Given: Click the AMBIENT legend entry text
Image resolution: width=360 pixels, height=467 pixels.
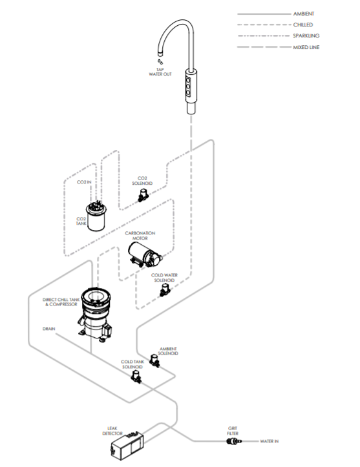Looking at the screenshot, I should (304, 14).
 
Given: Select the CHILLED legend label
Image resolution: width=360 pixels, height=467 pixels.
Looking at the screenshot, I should (302, 25).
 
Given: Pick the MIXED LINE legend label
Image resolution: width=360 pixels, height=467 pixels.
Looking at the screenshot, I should (306, 47).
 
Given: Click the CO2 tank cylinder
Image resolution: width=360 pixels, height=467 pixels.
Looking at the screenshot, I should (99, 216).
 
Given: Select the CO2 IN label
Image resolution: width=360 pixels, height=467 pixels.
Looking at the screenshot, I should (85, 182).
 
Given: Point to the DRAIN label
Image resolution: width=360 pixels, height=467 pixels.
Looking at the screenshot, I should (48, 328).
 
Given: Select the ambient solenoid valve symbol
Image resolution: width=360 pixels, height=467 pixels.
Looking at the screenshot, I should (154, 360).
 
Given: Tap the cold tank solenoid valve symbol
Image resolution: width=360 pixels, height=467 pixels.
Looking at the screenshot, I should (136, 376).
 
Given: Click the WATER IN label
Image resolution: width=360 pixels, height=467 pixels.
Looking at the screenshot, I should (269, 442).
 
